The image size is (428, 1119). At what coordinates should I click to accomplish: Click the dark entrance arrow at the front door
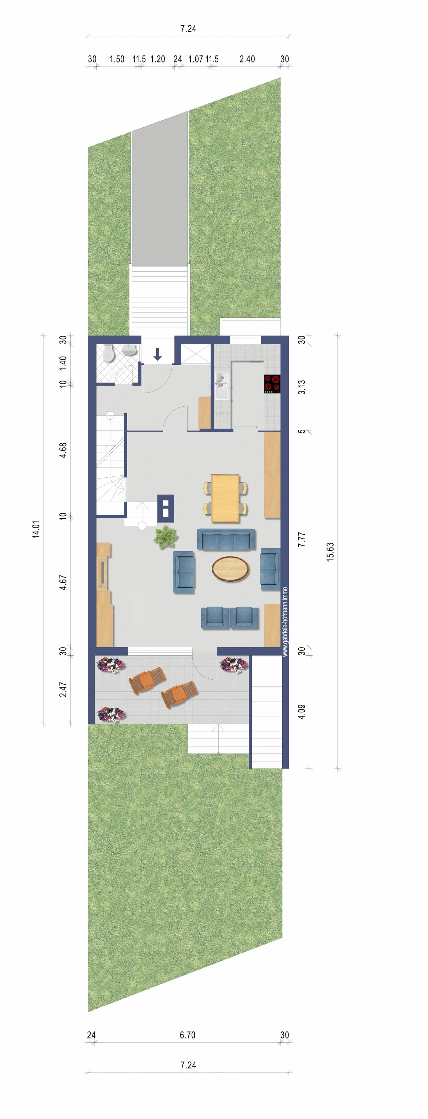pos(157,355)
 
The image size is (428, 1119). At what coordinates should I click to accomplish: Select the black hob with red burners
pos(272,384)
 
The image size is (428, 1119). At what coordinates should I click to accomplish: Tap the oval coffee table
pos(230,569)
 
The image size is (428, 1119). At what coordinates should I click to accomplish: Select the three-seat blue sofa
pos(226,539)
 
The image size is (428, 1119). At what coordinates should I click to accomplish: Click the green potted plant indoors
pos(165,536)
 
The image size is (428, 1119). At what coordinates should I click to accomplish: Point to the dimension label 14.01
pos(36,529)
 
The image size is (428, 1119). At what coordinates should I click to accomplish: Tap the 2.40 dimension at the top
pos(247,59)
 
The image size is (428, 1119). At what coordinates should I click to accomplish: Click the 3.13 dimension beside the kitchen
pos(301,387)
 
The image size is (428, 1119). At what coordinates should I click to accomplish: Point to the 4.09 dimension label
pos(301,711)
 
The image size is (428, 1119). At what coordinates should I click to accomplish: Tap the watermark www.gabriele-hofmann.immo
pos(285,622)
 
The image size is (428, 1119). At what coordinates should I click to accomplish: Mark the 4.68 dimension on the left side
pos(63,450)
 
